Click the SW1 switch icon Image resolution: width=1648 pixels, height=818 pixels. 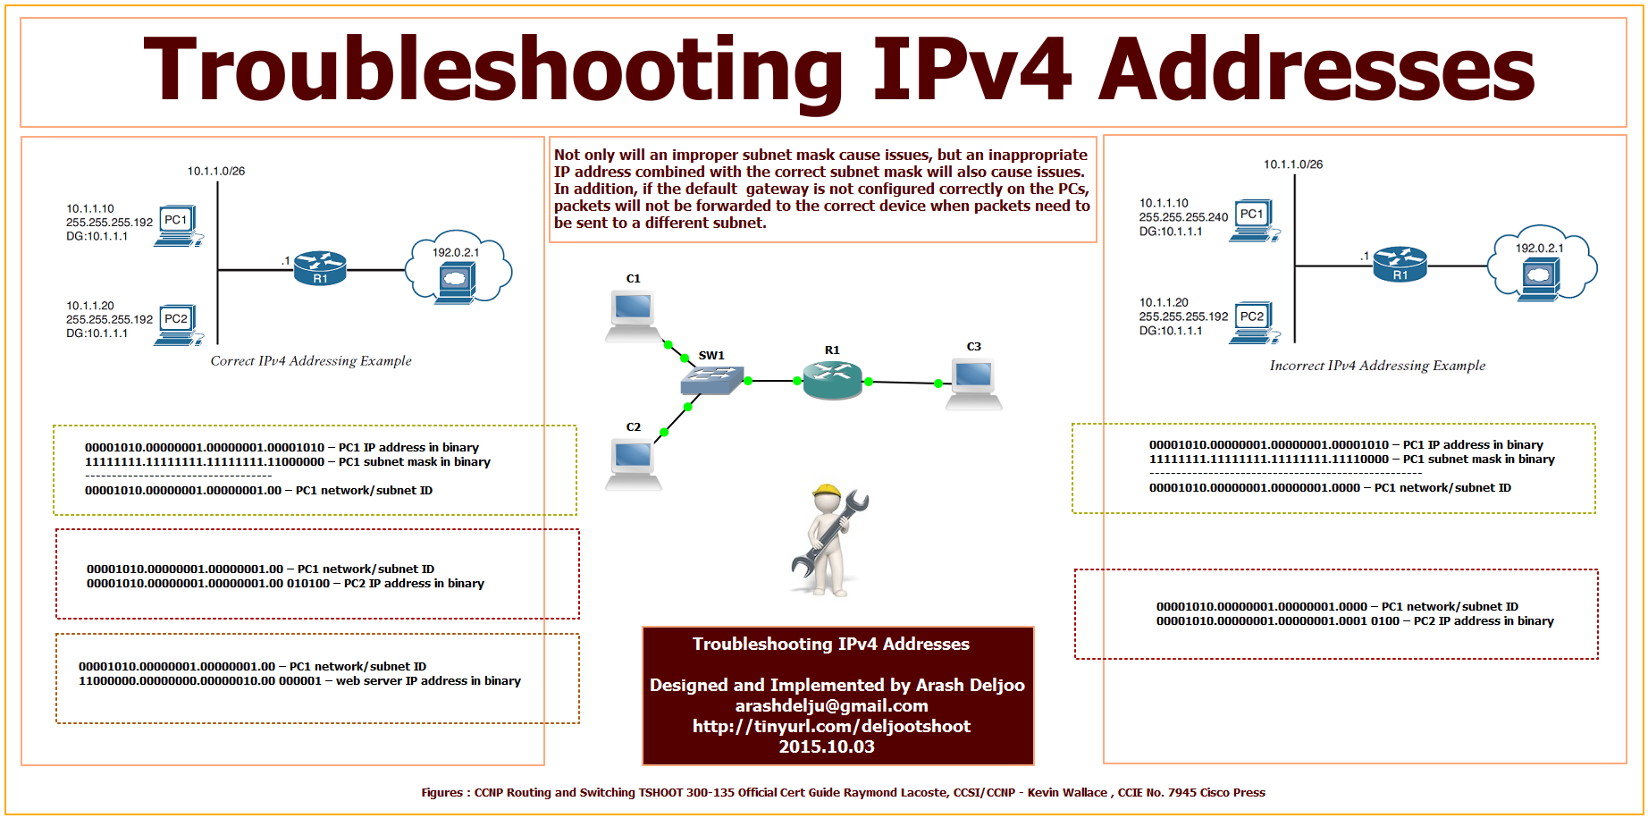[x=711, y=382]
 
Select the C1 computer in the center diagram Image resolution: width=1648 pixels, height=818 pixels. [x=633, y=315]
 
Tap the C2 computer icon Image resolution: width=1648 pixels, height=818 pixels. [x=633, y=463]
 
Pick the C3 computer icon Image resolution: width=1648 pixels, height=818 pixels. [x=973, y=383]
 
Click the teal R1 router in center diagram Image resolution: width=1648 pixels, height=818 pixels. [x=832, y=380]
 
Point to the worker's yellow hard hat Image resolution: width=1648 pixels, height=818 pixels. [x=828, y=493]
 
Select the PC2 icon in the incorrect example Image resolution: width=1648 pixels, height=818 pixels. [x=1255, y=323]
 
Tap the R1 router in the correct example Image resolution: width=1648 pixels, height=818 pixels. [x=320, y=268]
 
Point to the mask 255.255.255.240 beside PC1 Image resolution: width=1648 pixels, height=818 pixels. [x=1183, y=217]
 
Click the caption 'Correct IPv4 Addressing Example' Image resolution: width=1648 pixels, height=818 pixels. [x=311, y=361]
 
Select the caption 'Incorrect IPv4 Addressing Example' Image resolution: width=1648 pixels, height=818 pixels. [x=1377, y=366]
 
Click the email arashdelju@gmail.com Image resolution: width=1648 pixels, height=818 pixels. [x=831, y=705]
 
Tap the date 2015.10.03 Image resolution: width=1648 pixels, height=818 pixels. [x=827, y=746]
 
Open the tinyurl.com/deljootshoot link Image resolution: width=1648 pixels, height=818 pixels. [x=831, y=726]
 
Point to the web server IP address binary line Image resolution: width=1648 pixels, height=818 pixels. [x=299, y=681]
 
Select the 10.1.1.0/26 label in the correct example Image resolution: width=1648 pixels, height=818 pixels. [x=216, y=171]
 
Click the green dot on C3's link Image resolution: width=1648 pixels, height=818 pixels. [x=938, y=384]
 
